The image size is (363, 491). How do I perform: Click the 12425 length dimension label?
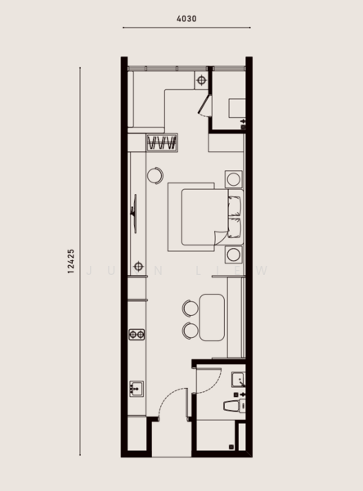coord(72,262)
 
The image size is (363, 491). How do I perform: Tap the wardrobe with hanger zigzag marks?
coord(162,144)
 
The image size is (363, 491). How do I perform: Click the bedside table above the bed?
coord(234,179)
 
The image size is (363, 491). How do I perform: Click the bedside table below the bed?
coord(234,255)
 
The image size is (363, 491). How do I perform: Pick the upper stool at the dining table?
coord(190,308)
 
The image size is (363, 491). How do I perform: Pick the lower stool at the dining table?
coord(190,330)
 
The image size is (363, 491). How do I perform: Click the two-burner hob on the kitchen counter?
coord(137,334)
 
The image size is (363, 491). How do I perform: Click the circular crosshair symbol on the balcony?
coord(201,79)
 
